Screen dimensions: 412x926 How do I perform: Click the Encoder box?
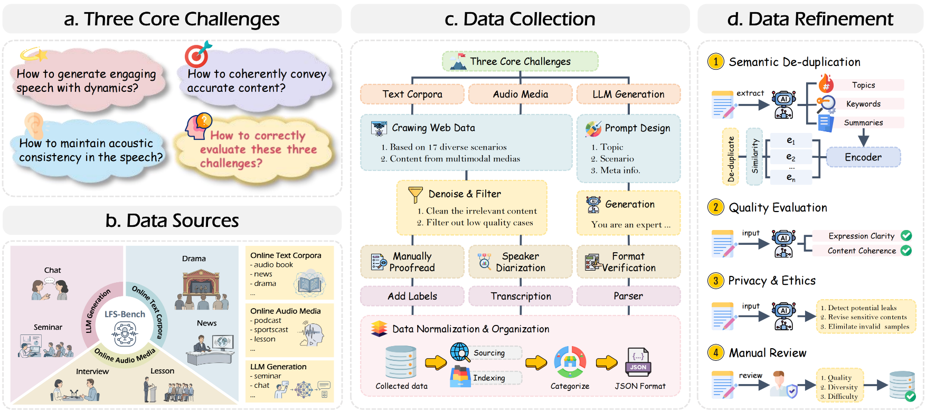tap(863, 157)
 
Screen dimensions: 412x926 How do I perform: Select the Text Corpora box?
tap(412, 94)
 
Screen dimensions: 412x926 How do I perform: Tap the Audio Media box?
tap(520, 94)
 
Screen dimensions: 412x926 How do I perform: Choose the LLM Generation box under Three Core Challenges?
tap(628, 94)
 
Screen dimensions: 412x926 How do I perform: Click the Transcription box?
tap(521, 296)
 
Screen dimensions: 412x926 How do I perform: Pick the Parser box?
tap(628, 296)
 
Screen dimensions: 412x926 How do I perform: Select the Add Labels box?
tap(412, 296)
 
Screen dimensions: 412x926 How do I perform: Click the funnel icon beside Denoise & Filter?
tap(415, 195)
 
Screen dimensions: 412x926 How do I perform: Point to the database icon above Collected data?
tap(401, 362)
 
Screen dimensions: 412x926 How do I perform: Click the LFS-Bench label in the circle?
tap(125, 314)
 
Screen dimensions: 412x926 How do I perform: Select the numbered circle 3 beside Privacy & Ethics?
tap(715, 281)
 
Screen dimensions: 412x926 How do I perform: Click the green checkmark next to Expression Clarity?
tap(906, 236)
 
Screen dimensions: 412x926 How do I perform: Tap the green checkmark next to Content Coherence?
tap(906, 251)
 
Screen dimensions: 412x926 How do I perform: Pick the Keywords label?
tap(863, 104)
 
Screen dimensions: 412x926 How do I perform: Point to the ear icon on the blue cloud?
tap(34, 126)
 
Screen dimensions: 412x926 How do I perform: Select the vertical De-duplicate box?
tap(731, 157)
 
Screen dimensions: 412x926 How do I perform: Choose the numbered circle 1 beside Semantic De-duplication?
tap(715, 62)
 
